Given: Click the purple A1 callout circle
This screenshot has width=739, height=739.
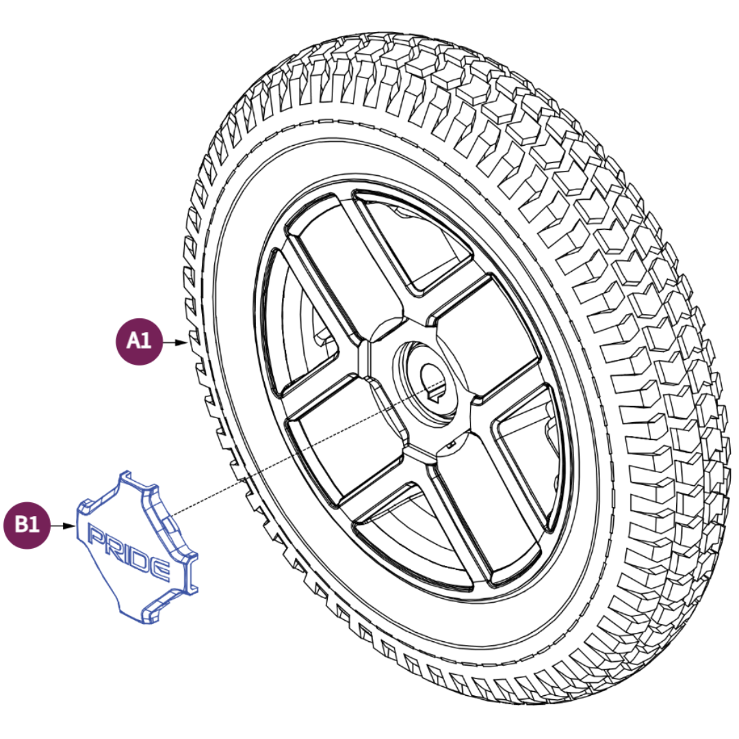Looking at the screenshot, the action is click(139, 341).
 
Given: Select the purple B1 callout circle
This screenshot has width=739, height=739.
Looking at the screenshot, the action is click(27, 525).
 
